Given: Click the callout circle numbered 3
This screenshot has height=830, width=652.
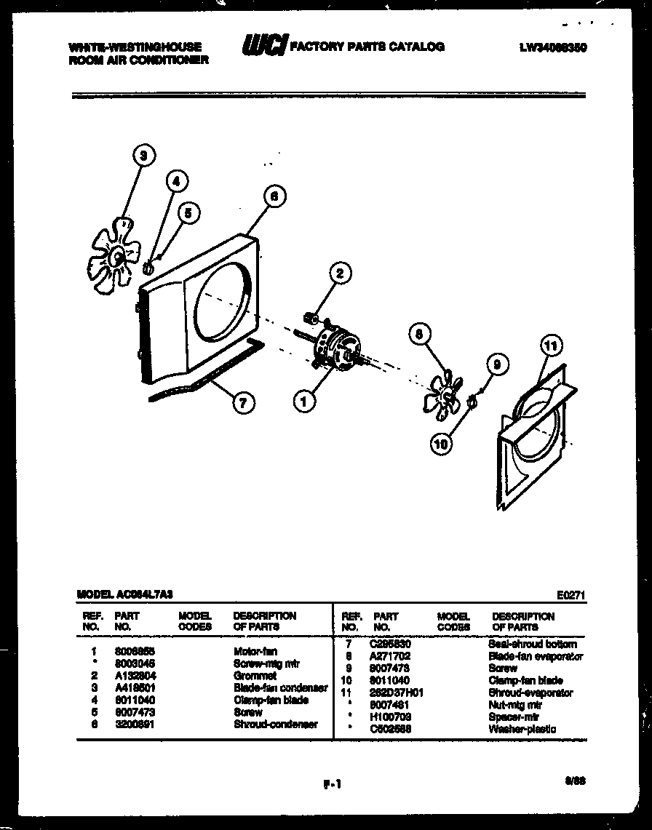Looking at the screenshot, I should (144, 154).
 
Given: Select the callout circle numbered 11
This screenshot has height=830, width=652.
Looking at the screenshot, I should (551, 346).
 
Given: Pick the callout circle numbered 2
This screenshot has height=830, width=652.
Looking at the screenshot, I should (339, 274).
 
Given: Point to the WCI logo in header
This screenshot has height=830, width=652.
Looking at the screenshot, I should (264, 47).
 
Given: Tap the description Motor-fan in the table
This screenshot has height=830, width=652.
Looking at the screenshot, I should (255, 651).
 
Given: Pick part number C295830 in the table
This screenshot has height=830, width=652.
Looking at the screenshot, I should (391, 644).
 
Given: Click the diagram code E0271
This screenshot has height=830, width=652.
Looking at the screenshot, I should (571, 594).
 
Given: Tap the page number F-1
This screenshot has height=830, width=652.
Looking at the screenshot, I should (332, 783).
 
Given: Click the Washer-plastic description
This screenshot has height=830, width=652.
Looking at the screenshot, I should (522, 729).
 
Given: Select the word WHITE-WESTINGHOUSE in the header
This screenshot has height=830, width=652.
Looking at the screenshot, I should (135, 47).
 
